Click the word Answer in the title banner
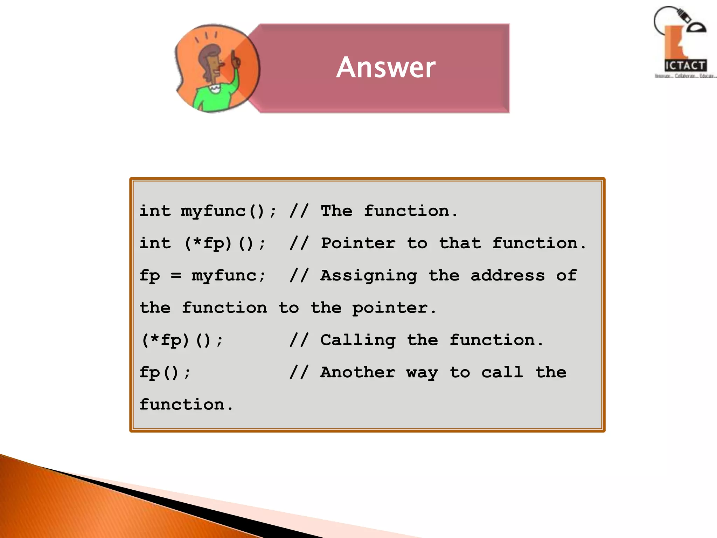pos(386,67)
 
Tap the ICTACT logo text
pos(685,65)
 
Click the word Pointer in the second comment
pos(358,243)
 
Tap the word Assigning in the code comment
pos(369,276)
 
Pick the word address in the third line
pos(508,276)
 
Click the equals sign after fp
pos(176,276)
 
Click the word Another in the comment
pos(358,372)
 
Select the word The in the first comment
pos(336,211)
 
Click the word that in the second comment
pos(460,243)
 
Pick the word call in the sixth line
pos(502,372)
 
